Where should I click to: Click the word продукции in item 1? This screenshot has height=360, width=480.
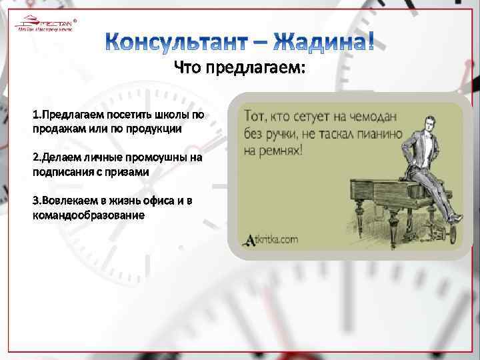[x=152, y=128]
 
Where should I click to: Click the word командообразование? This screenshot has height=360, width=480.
[x=89, y=215]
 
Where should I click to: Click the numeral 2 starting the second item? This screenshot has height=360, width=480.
[x=35, y=158]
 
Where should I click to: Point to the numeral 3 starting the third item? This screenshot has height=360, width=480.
[x=35, y=201]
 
